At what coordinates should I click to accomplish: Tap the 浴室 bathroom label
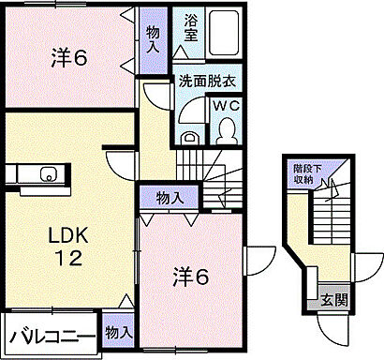190,25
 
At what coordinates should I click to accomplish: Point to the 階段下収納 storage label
303,175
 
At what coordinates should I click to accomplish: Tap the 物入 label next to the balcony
118,332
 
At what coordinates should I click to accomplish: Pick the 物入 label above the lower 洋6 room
169,198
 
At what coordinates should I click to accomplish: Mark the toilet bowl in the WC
227,132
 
